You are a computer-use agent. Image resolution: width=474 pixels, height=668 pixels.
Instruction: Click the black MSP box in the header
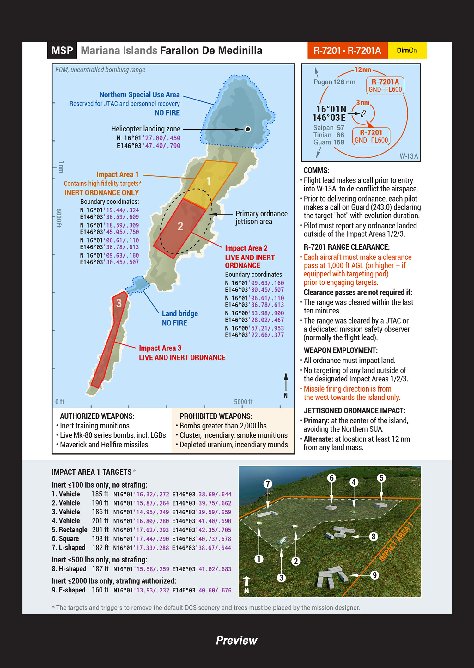(62, 51)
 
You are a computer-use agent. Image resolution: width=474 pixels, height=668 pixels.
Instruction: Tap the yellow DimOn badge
(407, 51)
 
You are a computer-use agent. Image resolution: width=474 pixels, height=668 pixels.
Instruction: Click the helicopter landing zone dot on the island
(248, 129)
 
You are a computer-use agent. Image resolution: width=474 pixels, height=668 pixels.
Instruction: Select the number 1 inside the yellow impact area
(209, 181)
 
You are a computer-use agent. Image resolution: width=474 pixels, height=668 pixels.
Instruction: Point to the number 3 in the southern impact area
(119, 303)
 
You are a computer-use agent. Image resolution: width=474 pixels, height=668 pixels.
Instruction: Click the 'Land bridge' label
(180, 314)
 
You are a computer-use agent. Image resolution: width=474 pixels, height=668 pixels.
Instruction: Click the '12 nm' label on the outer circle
(362, 70)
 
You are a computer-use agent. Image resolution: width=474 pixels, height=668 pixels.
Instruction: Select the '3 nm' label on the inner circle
(362, 103)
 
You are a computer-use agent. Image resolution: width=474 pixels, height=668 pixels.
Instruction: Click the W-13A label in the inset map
(409, 156)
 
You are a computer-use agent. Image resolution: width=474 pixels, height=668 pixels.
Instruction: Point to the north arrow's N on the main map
(286, 396)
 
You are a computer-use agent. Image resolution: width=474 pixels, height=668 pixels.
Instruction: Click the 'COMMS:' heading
(316, 171)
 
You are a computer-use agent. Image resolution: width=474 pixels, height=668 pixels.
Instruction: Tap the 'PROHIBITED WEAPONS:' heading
(216, 416)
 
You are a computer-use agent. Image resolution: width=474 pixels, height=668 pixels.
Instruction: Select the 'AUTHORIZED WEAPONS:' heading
(97, 416)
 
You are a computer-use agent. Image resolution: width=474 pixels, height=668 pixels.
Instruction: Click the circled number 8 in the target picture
(374, 537)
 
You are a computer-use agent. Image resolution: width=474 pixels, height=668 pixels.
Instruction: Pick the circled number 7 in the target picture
(268, 484)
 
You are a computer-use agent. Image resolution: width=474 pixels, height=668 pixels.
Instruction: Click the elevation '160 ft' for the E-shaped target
(100, 590)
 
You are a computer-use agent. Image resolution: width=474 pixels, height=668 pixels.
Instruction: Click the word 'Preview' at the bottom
(237, 641)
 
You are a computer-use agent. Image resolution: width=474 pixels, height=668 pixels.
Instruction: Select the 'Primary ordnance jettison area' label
(261, 217)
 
